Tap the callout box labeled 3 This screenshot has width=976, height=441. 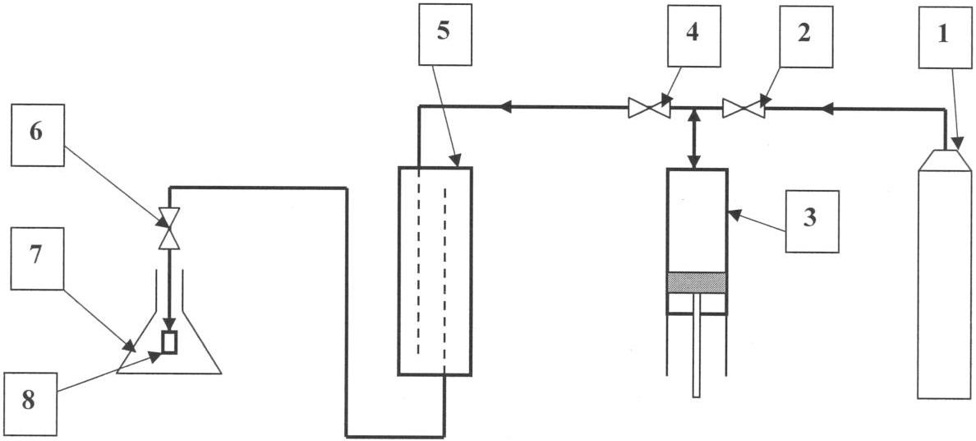click(812, 221)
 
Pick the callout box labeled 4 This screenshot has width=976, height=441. click(694, 35)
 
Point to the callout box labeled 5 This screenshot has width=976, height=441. click(445, 35)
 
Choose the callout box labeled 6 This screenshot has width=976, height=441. click(37, 136)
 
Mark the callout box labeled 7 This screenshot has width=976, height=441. click(37, 258)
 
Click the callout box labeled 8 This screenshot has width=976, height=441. click(30, 404)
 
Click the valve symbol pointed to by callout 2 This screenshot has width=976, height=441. click(744, 108)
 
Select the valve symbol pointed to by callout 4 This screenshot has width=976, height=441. click(648, 108)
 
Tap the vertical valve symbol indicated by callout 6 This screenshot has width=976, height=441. click(169, 228)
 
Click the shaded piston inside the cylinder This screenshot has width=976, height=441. click(697, 282)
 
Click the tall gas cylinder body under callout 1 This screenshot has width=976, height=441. click(945, 284)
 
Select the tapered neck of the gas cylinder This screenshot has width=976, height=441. click(945, 160)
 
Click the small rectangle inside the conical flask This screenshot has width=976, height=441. click(169, 341)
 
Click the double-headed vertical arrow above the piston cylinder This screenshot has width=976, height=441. click(694, 138)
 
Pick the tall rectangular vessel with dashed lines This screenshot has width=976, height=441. click(435, 271)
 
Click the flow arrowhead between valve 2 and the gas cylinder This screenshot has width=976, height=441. click(827, 109)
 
